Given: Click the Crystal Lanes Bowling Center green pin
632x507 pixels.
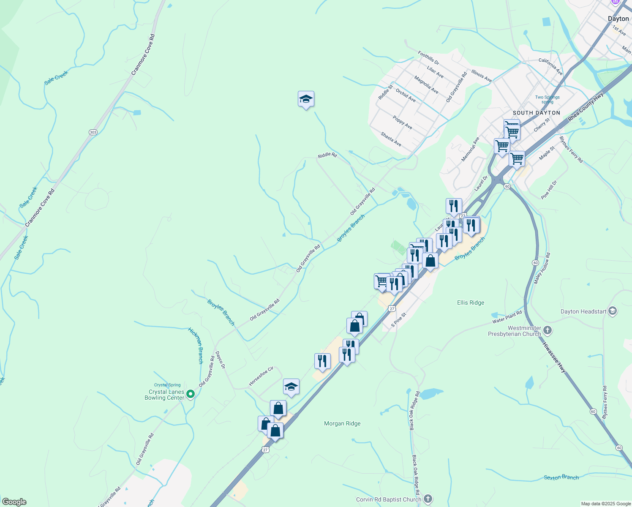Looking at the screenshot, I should click(x=191, y=394).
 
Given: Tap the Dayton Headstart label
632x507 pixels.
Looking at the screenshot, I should click(x=583, y=311).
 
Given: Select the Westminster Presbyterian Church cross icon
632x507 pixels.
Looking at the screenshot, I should click(x=548, y=330).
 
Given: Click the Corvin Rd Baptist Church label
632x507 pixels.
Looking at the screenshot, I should click(x=388, y=499).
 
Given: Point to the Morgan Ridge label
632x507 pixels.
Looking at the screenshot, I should click(x=342, y=423).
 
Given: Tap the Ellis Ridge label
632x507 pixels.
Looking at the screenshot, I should click(x=471, y=303).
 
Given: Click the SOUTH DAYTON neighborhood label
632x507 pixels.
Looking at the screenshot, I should click(x=536, y=113).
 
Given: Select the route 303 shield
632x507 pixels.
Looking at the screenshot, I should click(x=93, y=132).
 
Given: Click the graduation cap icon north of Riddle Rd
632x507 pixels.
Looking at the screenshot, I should click(x=306, y=99).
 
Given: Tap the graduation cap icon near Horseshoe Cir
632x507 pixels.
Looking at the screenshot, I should click(x=291, y=387).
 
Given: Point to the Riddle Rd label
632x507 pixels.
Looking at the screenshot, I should click(x=327, y=155).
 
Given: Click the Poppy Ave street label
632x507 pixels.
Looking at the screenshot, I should click(x=402, y=122).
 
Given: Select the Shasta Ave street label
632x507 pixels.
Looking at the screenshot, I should click(x=391, y=139).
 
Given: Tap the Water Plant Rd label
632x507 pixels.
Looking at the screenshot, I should click(x=507, y=317).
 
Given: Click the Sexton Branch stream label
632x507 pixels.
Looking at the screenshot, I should click(x=561, y=477).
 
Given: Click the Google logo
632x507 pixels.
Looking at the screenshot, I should click(x=14, y=502).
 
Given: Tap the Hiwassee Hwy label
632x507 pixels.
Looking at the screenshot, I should click(x=554, y=357).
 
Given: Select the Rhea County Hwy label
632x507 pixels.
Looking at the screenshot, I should click(x=586, y=107).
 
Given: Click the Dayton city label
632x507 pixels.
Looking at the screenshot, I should click(x=618, y=19).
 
